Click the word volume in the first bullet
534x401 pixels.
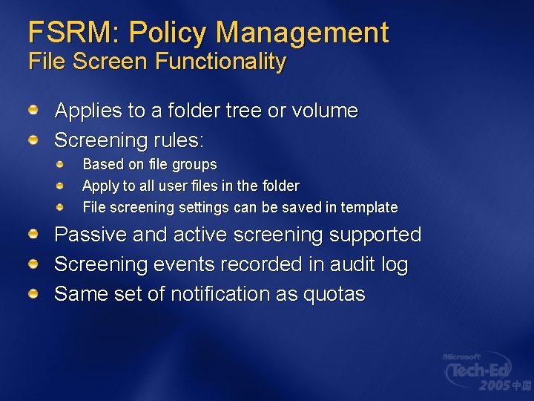click(x=325, y=111)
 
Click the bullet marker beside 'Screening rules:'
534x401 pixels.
click(x=34, y=139)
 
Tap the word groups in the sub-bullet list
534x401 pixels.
click(x=193, y=164)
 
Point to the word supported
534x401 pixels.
click(x=375, y=235)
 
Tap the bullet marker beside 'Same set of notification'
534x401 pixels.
click(x=34, y=293)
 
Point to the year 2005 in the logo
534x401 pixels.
click(x=494, y=385)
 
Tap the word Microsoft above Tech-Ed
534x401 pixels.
click(x=462, y=356)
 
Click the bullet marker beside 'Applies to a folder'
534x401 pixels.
click(x=34, y=110)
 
